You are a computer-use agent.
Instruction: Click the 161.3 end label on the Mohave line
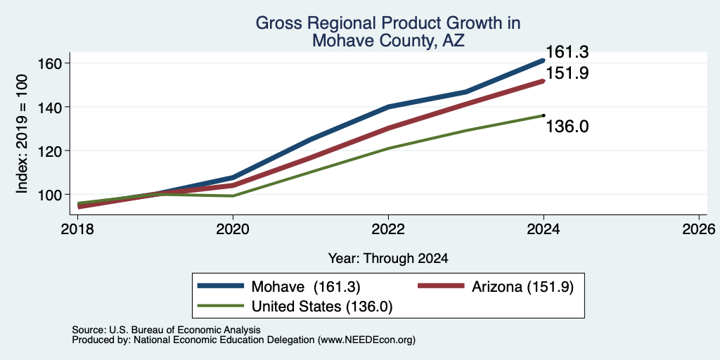click(567, 52)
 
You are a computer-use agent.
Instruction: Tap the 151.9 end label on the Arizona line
click(567, 73)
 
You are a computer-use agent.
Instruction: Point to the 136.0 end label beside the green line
click(567, 127)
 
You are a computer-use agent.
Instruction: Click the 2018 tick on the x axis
click(77, 229)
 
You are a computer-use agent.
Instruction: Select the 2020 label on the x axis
click(233, 229)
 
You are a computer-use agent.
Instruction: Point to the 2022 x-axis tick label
click(388, 229)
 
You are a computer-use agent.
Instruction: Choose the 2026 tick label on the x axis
click(699, 229)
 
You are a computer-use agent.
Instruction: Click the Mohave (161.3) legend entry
click(278, 287)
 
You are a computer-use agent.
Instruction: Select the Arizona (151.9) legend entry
click(496, 287)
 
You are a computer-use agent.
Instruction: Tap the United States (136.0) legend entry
click(295, 307)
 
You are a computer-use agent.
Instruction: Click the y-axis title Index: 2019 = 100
click(22, 134)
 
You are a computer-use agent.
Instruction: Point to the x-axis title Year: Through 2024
click(388, 259)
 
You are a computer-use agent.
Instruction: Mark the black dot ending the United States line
click(544, 115)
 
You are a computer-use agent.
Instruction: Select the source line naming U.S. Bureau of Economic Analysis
click(166, 330)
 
